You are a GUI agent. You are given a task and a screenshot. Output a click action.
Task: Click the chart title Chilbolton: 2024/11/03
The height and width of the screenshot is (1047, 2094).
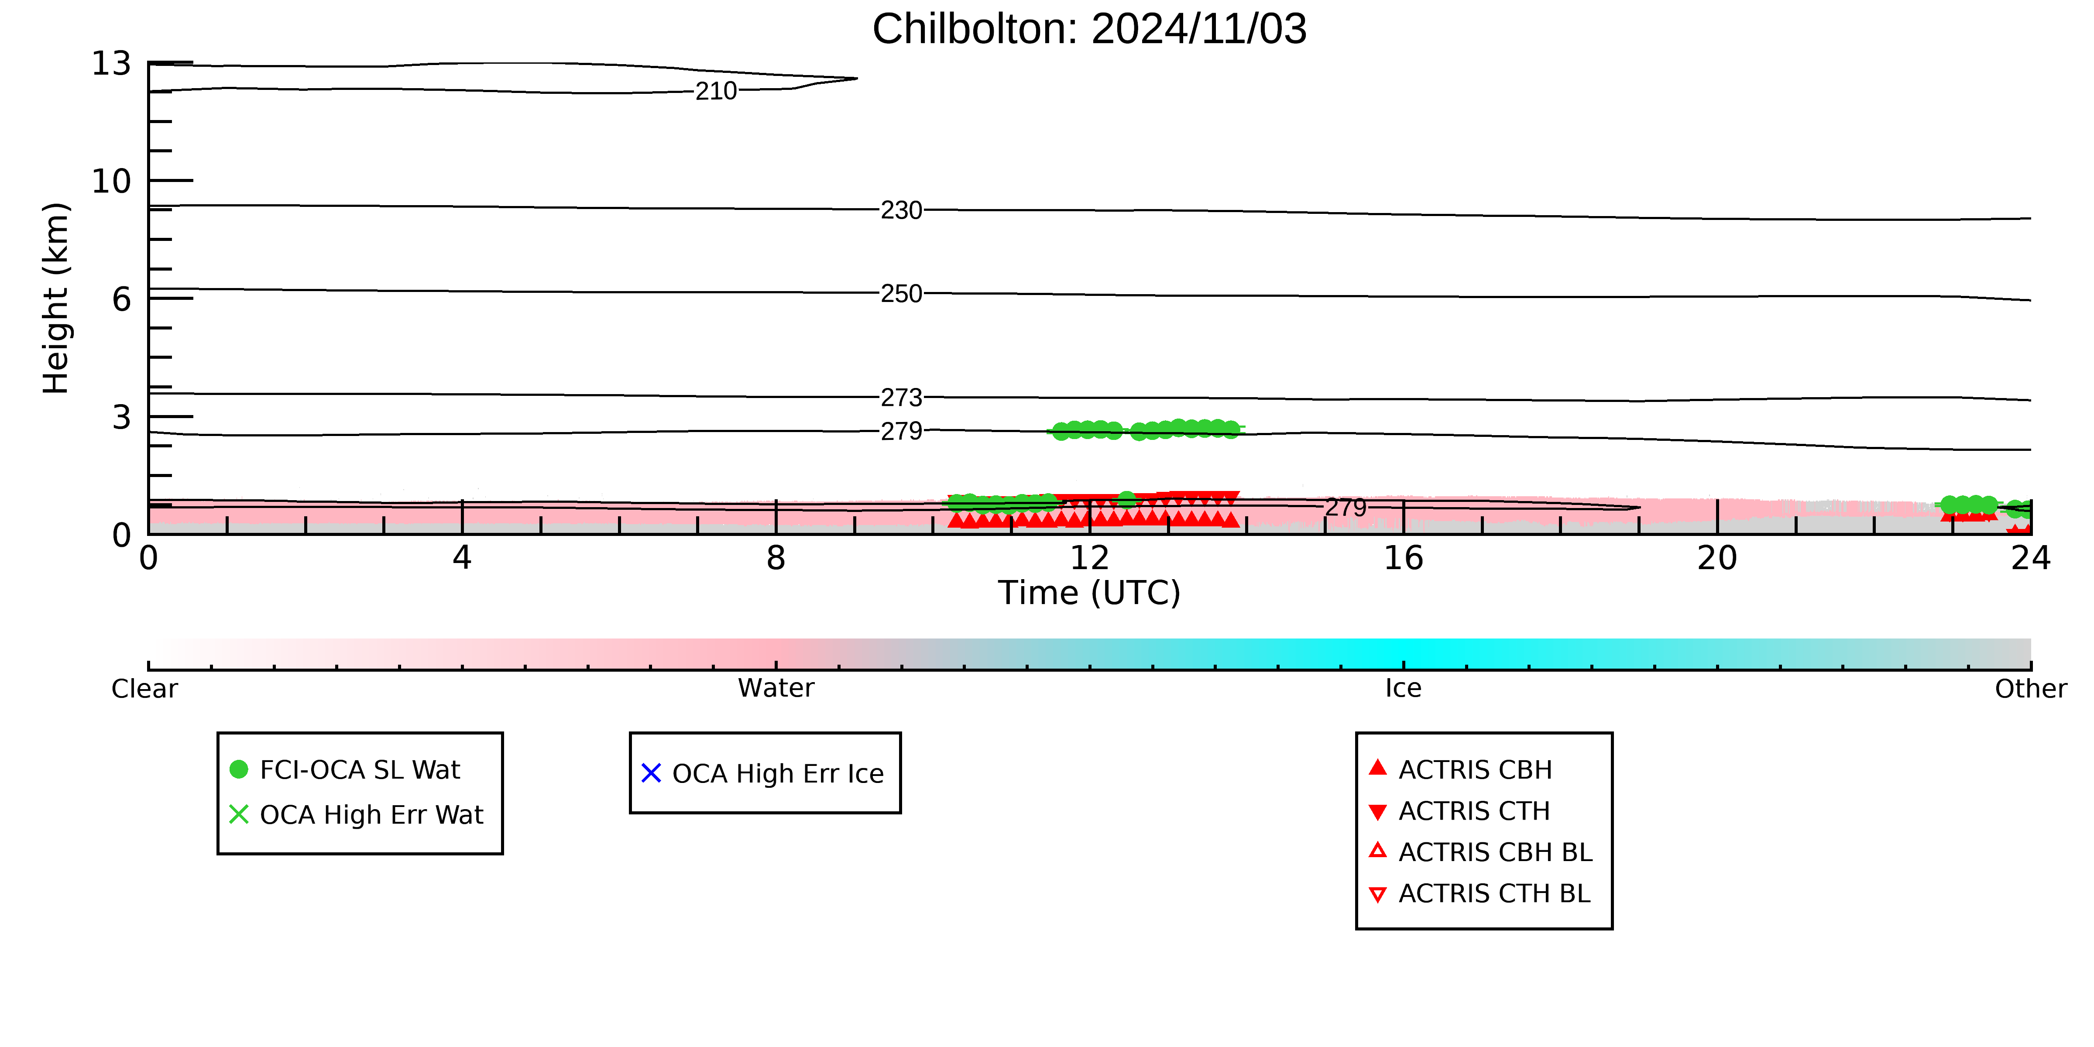[1089, 29]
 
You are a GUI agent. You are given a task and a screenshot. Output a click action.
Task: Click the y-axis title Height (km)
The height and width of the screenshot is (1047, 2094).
[56, 299]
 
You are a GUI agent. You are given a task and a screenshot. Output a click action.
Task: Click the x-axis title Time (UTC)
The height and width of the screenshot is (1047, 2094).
[1089, 593]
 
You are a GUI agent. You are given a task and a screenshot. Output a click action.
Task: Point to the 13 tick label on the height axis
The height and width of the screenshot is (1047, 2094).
[111, 63]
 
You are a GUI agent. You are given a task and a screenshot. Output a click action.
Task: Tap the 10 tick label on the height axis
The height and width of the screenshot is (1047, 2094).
[111, 181]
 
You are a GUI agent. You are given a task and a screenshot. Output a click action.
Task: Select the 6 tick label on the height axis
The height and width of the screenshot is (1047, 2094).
[122, 299]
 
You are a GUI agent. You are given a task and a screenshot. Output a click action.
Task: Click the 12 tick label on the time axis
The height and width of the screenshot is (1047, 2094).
[1089, 559]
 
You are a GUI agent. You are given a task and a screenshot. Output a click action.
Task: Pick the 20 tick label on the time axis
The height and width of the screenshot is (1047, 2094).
[1717, 559]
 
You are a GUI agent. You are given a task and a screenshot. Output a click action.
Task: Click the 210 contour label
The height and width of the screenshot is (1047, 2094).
[716, 91]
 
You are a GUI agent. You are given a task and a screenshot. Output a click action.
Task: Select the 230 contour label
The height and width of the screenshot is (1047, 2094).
[902, 210]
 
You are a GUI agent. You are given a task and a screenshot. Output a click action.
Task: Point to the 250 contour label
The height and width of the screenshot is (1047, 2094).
[902, 293]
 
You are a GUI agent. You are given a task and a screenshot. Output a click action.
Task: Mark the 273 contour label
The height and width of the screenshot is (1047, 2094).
[902, 398]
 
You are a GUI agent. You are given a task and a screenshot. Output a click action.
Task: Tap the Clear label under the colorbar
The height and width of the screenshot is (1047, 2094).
[145, 689]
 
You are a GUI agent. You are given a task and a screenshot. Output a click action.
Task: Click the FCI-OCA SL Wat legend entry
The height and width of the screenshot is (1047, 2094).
[346, 770]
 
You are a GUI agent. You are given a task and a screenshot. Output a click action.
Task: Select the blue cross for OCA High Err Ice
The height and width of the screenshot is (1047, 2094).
[651, 773]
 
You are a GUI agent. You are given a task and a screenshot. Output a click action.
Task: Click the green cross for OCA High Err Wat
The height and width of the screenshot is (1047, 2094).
[239, 814]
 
